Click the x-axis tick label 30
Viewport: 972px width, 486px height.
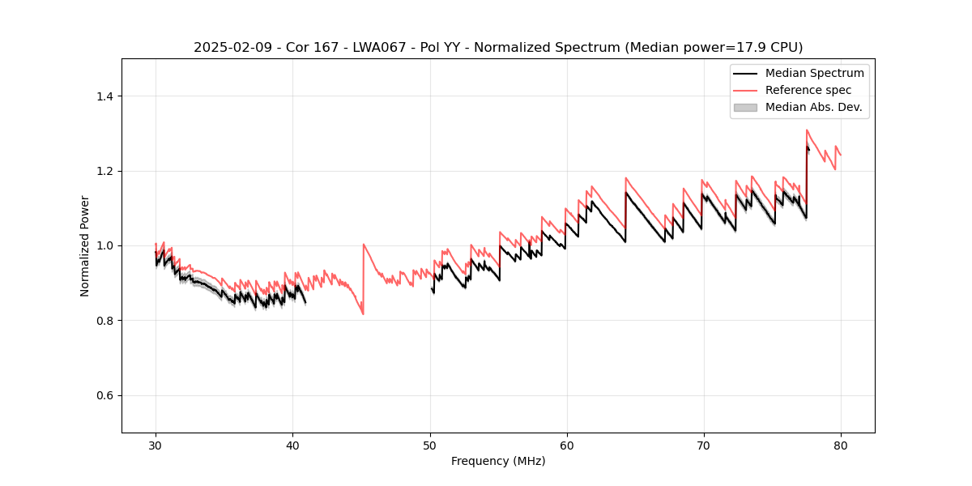click(156, 445)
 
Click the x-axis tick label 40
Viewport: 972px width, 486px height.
click(292, 445)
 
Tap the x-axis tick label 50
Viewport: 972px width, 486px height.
click(429, 445)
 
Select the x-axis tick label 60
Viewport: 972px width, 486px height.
click(566, 445)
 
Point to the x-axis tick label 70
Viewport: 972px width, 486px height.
click(703, 445)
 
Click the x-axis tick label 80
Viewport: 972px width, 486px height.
click(840, 445)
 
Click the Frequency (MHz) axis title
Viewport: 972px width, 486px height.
click(498, 461)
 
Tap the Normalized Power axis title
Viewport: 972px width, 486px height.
click(85, 245)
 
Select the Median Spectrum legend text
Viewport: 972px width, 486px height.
click(814, 73)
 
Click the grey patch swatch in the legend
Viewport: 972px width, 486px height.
click(745, 107)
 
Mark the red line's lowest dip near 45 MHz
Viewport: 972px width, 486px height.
click(363, 313)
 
